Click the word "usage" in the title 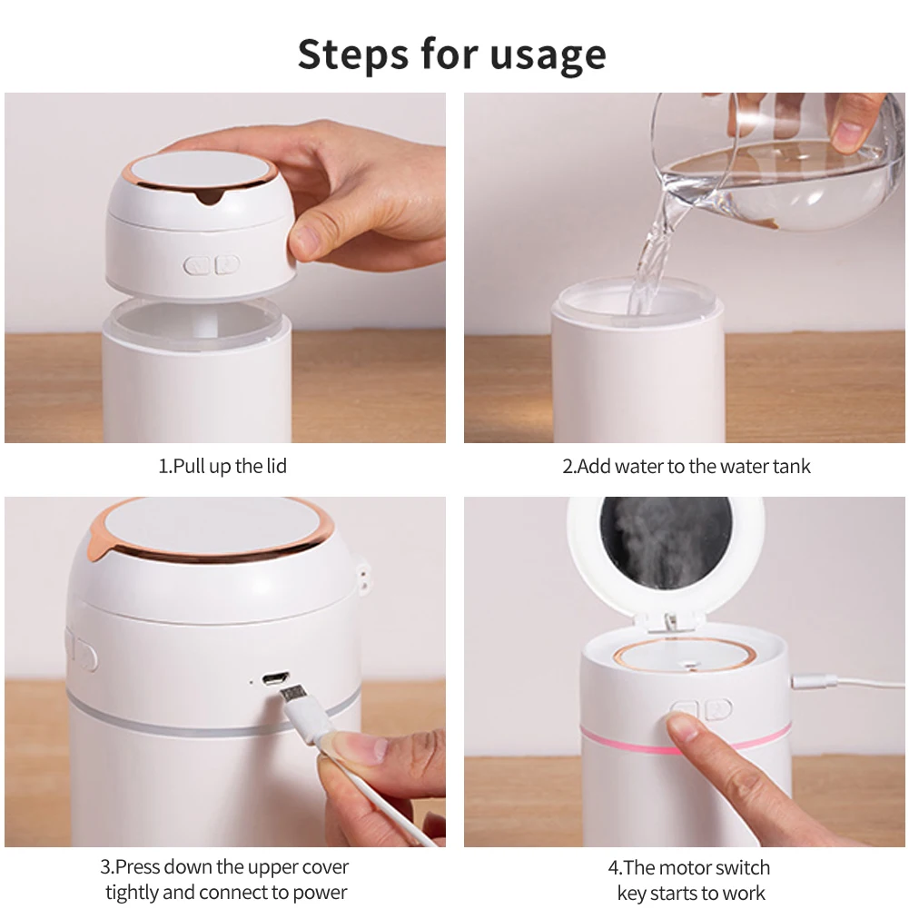tap(548, 56)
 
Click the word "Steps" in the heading tap(353, 54)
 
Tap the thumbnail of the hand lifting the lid tap(225, 267)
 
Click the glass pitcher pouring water tap(776, 163)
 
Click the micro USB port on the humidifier tap(275, 678)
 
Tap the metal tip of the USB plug tap(293, 694)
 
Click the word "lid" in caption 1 tap(277, 466)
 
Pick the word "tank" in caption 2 tap(791, 466)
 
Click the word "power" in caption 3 tap(320, 892)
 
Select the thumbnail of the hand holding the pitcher tap(684, 267)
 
